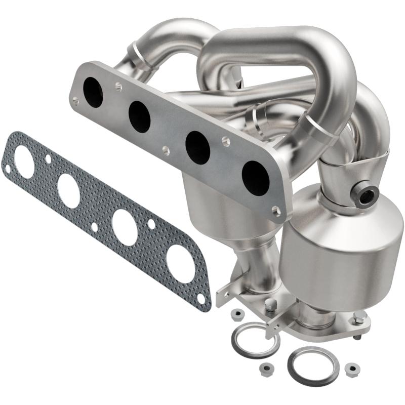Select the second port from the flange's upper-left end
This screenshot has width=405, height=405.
139,117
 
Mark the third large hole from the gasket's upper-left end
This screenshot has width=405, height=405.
124,227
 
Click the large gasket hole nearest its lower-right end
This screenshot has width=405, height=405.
180,263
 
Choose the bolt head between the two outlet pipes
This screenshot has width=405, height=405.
271,305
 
